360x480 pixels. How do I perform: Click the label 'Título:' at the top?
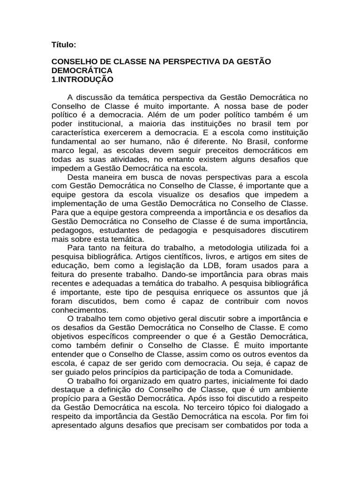[x=63, y=45]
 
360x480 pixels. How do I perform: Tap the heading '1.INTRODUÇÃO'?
[x=82, y=79]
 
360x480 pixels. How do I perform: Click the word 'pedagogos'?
[x=69, y=230]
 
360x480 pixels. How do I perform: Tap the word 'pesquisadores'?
[x=241, y=230]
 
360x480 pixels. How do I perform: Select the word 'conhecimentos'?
[x=80, y=310]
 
